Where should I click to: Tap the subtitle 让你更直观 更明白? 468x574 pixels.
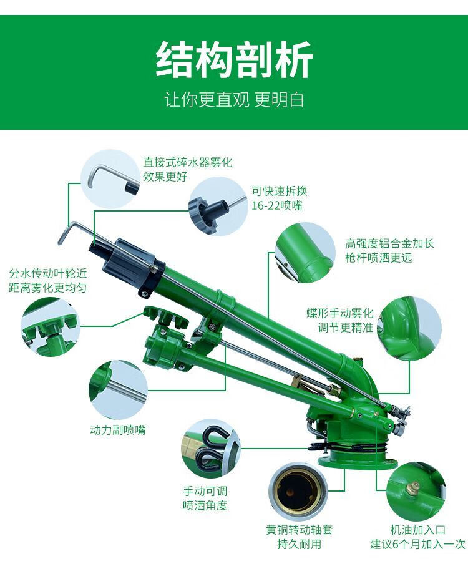234,100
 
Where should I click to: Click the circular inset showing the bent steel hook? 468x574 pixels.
112,178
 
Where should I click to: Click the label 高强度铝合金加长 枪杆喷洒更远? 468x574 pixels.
389,250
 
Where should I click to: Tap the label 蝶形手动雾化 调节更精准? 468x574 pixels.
339,319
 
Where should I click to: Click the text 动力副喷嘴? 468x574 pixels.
118,430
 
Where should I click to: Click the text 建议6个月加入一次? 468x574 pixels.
417,544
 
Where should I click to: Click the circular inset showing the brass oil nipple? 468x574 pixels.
415,492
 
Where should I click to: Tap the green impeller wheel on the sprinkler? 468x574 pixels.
166,318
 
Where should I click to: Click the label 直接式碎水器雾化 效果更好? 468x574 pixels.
187,170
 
